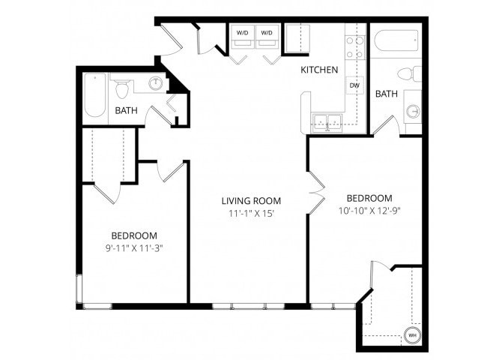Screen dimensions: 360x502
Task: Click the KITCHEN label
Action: point(319,70)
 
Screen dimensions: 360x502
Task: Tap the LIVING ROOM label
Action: point(251,200)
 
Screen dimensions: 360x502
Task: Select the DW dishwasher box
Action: point(354,85)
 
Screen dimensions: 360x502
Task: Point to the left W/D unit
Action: point(243,33)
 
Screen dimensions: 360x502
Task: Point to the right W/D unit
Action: point(267,33)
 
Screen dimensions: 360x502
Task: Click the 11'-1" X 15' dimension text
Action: point(251,214)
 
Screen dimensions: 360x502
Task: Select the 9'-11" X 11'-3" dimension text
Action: point(134,247)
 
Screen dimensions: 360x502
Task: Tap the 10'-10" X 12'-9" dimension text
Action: point(370,211)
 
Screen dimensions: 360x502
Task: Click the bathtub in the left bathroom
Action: point(94,97)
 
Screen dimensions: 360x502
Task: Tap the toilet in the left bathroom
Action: point(122,90)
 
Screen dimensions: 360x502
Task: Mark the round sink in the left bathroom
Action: point(156,83)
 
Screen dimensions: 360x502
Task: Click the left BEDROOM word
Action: point(134,234)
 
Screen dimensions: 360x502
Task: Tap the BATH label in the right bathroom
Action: point(387,94)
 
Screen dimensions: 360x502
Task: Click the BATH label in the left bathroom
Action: point(126,111)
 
